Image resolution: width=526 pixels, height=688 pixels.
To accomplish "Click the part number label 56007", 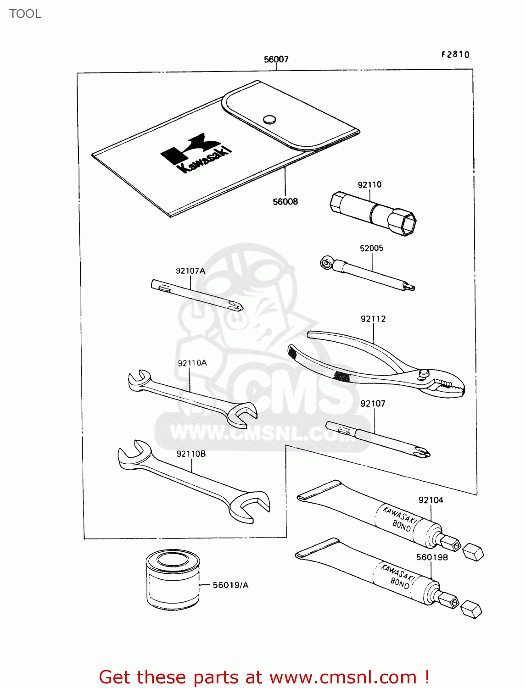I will tap(276, 59).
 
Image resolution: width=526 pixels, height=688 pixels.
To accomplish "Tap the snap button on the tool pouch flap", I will tap(270, 120).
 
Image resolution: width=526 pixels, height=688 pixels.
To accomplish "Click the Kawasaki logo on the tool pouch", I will tap(196, 153).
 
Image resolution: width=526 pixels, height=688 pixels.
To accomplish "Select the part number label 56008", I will tap(285, 201).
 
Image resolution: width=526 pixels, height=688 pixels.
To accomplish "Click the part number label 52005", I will tap(371, 248).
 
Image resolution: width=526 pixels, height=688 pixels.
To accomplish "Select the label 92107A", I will tap(190, 271).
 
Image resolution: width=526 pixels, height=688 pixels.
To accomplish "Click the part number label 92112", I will tap(373, 319).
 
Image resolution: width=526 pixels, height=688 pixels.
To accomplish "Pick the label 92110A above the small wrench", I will tap(192, 363).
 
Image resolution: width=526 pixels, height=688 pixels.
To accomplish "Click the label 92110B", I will tap(191, 454).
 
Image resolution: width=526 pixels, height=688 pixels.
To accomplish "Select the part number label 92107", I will tap(373, 404).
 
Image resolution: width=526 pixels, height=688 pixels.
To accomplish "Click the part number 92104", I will tap(431, 500).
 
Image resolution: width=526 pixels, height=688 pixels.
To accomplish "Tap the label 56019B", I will tap(432, 557).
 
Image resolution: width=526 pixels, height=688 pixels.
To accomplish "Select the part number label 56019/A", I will tap(230, 585).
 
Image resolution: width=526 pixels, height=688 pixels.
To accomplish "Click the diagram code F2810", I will tap(455, 55).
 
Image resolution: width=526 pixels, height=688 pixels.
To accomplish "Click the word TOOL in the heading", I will tap(25, 14).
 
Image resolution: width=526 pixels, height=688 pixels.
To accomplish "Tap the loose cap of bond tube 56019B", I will tap(471, 610).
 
